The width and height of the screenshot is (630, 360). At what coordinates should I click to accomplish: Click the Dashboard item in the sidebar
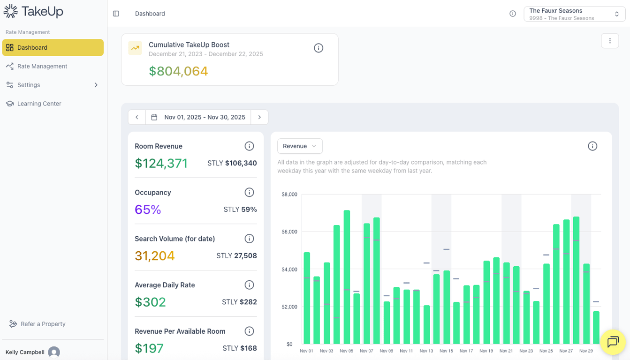53,47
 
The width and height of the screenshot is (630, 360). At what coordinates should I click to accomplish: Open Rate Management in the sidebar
42,66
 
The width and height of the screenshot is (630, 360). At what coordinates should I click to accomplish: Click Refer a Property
43,324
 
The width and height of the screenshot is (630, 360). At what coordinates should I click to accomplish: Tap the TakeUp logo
33,11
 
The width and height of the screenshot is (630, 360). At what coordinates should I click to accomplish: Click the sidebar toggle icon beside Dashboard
116,14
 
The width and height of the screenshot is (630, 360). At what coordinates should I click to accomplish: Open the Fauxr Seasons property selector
574,14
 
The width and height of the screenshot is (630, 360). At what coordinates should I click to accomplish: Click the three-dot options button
610,41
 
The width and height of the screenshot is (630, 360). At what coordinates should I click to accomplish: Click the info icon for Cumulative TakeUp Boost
319,48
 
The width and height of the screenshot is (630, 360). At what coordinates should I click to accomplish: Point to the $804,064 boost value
178,71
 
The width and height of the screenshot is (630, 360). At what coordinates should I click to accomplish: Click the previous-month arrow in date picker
137,117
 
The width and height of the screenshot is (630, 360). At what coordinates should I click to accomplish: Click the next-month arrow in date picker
259,117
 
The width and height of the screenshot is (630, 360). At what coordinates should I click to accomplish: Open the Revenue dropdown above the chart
300,146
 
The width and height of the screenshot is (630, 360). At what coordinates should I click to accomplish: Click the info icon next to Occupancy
249,192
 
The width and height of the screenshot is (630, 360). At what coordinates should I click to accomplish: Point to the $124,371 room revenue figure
161,163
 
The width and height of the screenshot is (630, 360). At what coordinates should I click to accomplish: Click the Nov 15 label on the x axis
446,351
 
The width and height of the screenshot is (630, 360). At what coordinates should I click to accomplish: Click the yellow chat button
613,342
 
